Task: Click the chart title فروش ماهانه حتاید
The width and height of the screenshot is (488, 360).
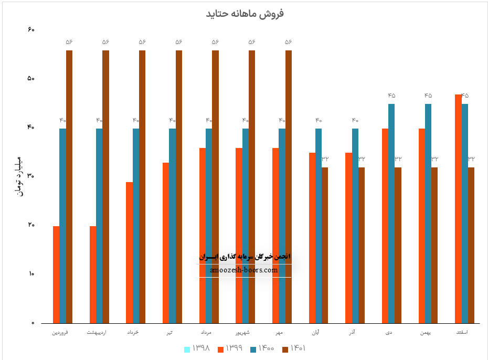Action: (x=245, y=14)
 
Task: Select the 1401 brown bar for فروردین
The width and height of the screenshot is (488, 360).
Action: (x=69, y=186)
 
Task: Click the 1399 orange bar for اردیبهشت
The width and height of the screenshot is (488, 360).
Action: (x=93, y=274)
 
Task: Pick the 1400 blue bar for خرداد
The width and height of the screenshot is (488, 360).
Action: (x=136, y=226)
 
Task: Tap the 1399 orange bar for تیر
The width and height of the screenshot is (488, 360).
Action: (x=166, y=242)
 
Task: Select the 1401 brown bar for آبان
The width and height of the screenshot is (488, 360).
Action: (x=325, y=245)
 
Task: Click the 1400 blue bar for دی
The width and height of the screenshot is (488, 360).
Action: (x=391, y=213)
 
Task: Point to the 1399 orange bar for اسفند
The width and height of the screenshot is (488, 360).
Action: (x=458, y=208)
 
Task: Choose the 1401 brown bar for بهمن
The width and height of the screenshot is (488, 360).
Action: (x=434, y=245)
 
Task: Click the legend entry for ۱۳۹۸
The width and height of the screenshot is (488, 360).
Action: (x=197, y=348)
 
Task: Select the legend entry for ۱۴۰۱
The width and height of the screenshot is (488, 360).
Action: (x=294, y=348)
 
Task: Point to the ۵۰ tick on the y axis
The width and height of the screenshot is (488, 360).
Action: (x=30, y=79)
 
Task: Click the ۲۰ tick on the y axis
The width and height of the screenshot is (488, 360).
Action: (x=30, y=225)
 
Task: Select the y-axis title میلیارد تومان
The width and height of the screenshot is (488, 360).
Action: (x=20, y=176)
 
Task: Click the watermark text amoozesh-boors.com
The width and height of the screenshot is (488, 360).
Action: (x=243, y=270)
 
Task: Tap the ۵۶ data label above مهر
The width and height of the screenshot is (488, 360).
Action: (x=288, y=42)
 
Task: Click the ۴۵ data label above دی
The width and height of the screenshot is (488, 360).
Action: (x=391, y=96)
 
